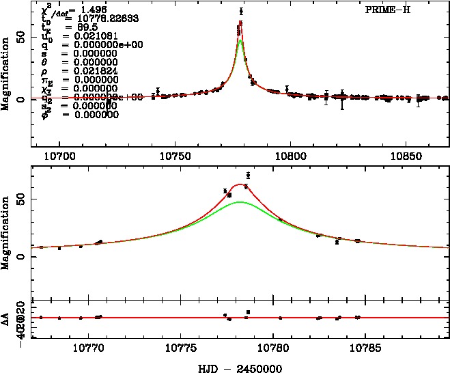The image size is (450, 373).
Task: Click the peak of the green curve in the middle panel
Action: click(x=240, y=202)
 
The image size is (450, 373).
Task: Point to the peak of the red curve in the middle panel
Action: click(x=240, y=184)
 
